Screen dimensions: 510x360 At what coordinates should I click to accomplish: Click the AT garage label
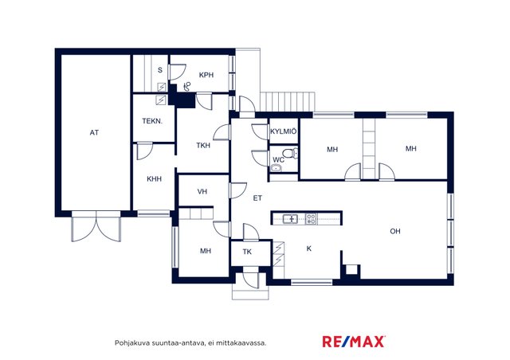pyautogui.click(x=94, y=133)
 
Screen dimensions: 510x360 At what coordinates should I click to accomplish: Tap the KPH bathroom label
pyautogui.click(x=206, y=75)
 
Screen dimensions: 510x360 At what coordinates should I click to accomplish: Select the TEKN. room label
pyautogui.click(x=152, y=121)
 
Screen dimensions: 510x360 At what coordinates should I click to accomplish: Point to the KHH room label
pyautogui.click(x=154, y=179)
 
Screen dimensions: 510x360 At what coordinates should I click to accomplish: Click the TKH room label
pyautogui.click(x=203, y=146)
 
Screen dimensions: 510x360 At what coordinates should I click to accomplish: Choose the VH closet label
pyautogui.click(x=202, y=191)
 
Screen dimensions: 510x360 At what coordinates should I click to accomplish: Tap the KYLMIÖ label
pyautogui.click(x=284, y=131)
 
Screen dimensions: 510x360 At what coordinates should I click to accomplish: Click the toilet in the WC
pyautogui.click(x=290, y=153)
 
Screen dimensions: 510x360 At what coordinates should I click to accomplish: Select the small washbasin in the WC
pyautogui.click(x=276, y=168)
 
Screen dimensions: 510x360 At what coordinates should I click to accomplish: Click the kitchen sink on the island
pyautogui.click(x=290, y=219)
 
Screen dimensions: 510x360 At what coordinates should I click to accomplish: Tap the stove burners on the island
pyautogui.click(x=311, y=219)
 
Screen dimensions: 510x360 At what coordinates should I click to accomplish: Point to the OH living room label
pyautogui.click(x=395, y=231)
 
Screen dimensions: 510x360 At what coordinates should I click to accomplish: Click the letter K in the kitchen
pyautogui.click(x=309, y=248)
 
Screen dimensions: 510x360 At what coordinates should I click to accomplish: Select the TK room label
pyautogui.click(x=247, y=252)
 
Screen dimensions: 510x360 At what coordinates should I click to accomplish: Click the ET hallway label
pyautogui.click(x=257, y=198)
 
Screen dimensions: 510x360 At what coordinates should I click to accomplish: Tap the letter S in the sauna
pyautogui.click(x=160, y=70)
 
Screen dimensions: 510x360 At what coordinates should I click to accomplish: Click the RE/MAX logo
pyautogui.click(x=354, y=342)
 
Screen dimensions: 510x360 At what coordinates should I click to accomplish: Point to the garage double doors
pyautogui.click(x=96, y=226)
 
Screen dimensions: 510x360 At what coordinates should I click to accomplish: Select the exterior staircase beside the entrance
pyautogui.click(x=288, y=102)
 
